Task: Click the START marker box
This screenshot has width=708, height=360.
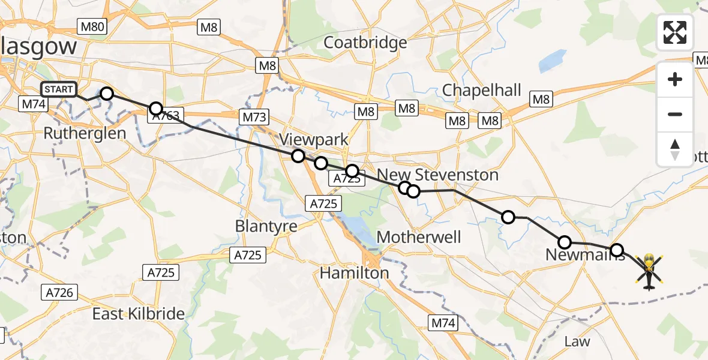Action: [59, 90]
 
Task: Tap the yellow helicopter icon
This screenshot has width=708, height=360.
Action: [649, 271]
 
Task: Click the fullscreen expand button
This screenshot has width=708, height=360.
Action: [675, 32]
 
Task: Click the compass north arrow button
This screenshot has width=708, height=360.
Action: [675, 149]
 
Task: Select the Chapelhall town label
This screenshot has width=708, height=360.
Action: [481, 90]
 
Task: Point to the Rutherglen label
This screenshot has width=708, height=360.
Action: [85, 133]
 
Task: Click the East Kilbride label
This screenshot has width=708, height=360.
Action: [139, 314]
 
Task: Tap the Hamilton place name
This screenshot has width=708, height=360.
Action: [354, 273]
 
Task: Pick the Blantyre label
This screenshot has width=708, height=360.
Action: [266, 226]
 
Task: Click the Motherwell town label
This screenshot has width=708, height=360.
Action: [419, 237]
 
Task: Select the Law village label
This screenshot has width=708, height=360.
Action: [577, 341]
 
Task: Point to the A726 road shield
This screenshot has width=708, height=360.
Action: [59, 292]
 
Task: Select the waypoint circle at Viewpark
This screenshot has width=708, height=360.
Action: [298, 156]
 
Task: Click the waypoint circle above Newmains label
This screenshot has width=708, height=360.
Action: [565, 242]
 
